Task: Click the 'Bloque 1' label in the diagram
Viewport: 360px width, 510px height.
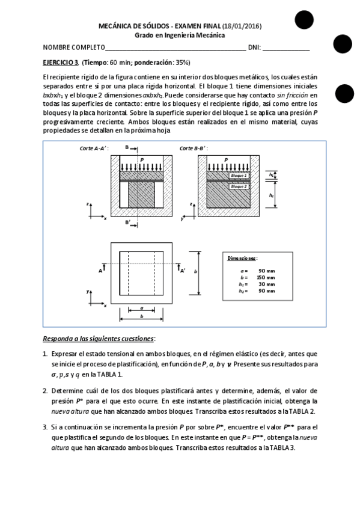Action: [239, 176]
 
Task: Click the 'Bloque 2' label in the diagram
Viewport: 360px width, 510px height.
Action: [239, 186]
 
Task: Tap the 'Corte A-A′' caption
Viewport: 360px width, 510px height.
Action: [94, 148]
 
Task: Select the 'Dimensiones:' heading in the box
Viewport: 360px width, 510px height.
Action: [242, 258]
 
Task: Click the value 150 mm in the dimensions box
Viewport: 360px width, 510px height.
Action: [266, 277]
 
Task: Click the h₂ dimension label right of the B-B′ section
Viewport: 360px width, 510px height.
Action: [272, 195]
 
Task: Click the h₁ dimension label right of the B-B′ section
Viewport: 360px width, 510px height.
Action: [272, 175]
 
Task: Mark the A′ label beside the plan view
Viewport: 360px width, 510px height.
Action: [183, 271]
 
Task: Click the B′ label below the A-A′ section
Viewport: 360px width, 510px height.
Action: [127, 222]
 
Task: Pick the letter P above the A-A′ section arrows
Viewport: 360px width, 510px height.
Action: [142, 160]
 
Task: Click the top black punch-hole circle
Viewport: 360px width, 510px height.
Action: [304, 20]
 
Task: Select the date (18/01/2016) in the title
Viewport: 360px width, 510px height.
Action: [242, 26]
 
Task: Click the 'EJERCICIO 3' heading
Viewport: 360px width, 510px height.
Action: [61, 62]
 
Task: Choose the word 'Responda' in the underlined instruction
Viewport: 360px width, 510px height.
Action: [57, 339]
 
